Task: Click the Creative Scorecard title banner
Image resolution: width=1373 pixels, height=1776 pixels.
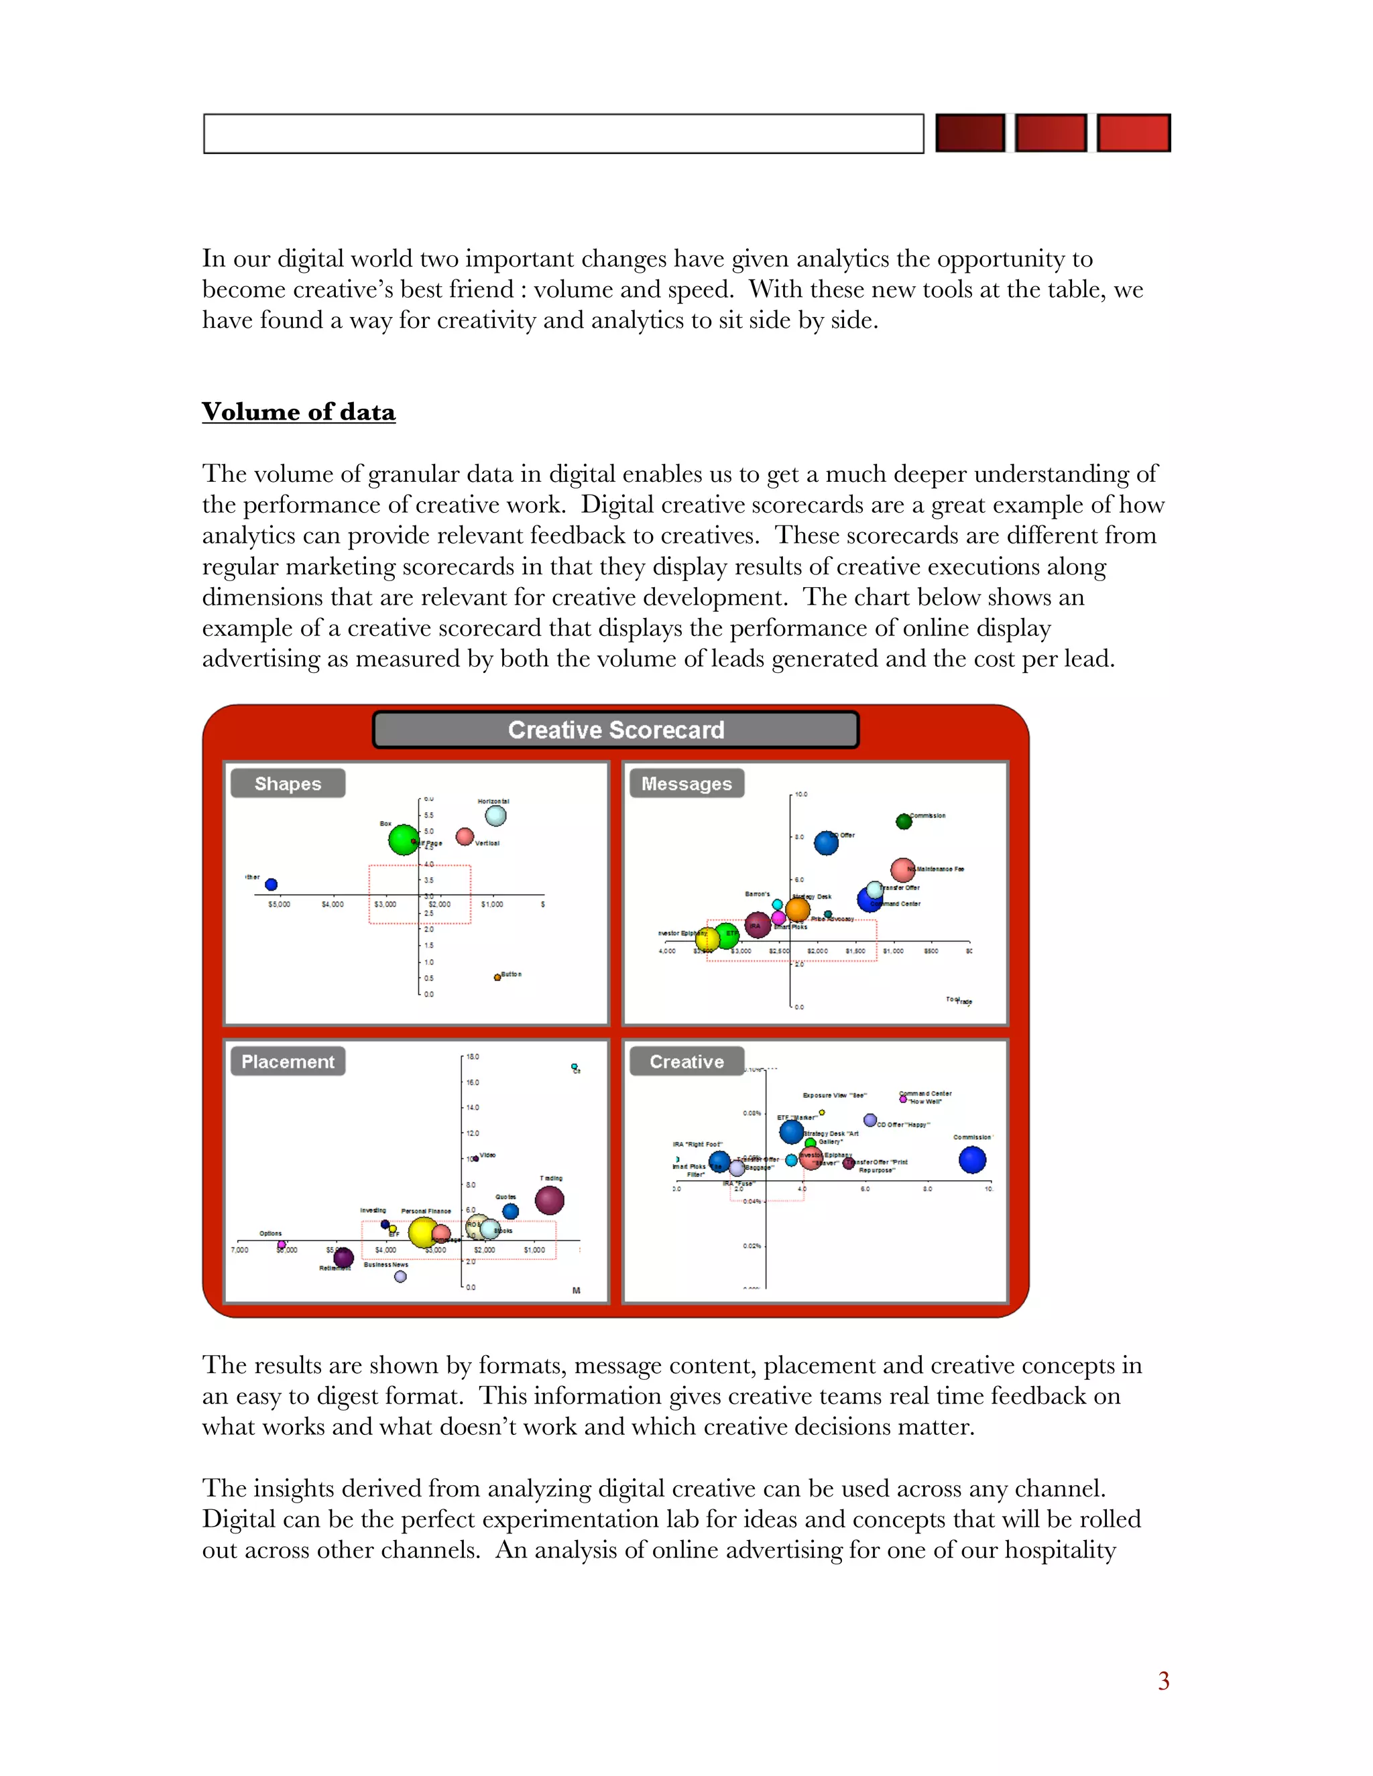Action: pyautogui.click(x=615, y=729)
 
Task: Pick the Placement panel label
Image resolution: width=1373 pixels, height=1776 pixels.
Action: pyautogui.click(x=288, y=1061)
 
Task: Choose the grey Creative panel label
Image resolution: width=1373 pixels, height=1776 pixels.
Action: pyautogui.click(x=686, y=1061)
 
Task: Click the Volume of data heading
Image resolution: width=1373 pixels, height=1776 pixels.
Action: pyautogui.click(x=298, y=411)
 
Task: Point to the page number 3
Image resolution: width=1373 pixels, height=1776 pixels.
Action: pyautogui.click(x=1163, y=1681)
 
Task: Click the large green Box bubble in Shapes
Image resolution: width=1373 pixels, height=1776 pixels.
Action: pyautogui.click(x=404, y=839)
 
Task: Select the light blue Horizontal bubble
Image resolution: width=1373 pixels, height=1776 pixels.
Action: pyautogui.click(x=495, y=815)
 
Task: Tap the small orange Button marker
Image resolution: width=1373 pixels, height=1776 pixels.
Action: pyautogui.click(x=497, y=977)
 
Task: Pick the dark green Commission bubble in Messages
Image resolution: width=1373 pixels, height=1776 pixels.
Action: pyautogui.click(x=904, y=822)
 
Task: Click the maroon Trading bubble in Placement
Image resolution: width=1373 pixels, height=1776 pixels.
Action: pyautogui.click(x=549, y=1200)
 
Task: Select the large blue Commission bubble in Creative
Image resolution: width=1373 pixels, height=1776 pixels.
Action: pyautogui.click(x=972, y=1159)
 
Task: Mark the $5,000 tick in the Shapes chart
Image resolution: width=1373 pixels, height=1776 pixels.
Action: pyautogui.click(x=279, y=904)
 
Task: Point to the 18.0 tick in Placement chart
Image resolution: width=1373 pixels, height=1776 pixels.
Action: pyautogui.click(x=473, y=1057)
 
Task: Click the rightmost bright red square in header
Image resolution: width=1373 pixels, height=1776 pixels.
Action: pyautogui.click(x=1133, y=133)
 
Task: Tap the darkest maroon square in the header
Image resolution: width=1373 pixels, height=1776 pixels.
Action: pyautogui.click(x=969, y=133)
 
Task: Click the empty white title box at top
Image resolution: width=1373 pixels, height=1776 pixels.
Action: pyautogui.click(x=563, y=133)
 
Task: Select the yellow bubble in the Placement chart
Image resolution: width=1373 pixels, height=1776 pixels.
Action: pyautogui.click(x=423, y=1232)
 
